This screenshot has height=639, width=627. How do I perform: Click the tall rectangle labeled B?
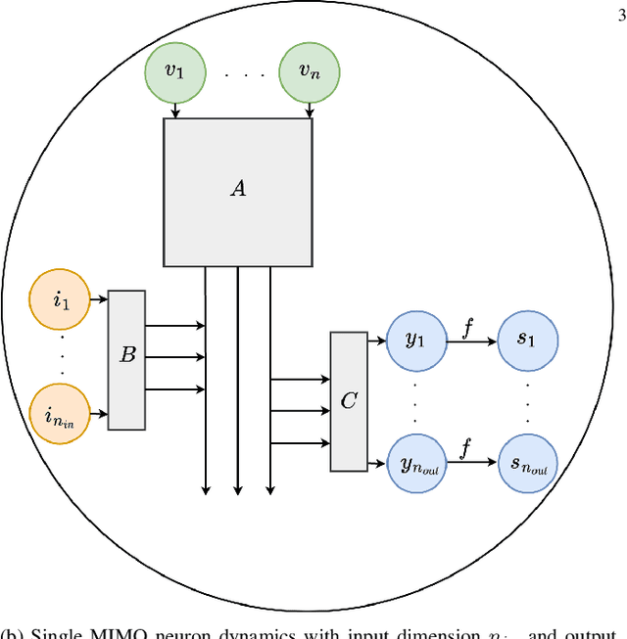(x=126, y=359)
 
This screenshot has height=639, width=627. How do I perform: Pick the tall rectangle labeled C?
(x=349, y=401)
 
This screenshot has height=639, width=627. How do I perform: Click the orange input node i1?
(x=61, y=300)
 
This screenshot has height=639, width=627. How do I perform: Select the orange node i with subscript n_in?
(x=61, y=415)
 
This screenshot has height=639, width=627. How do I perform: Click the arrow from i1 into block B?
(x=99, y=300)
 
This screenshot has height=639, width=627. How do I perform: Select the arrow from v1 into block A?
(x=175, y=111)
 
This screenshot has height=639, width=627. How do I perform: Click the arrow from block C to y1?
(x=377, y=342)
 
